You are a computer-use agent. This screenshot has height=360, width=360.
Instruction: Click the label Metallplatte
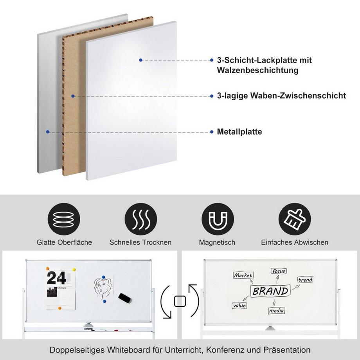click(x=239, y=132)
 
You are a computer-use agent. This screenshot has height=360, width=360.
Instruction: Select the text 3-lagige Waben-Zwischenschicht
click(x=281, y=95)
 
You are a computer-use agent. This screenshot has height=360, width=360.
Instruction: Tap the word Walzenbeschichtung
click(x=257, y=70)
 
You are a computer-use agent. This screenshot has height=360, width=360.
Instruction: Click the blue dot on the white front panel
click(x=140, y=60)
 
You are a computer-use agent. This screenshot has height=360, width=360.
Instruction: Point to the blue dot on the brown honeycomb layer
click(x=72, y=95)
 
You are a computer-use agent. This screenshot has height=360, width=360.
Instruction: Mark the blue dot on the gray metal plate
click(x=48, y=132)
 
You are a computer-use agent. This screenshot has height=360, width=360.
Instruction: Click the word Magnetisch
click(x=217, y=243)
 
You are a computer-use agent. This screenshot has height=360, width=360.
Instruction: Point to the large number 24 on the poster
click(x=56, y=278)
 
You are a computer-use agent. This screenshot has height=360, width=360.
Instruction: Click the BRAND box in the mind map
click(x=270, y=291)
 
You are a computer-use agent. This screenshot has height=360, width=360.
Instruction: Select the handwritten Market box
click(x=243, y=275)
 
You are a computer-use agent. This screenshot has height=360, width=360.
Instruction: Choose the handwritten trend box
click(x=305, y=279)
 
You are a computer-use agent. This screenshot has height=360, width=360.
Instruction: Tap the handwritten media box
click(x=276, y=311)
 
